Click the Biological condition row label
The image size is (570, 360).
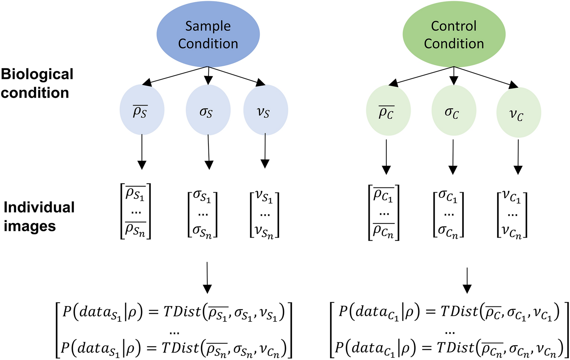[37, 83]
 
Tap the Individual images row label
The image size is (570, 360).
[39, 216]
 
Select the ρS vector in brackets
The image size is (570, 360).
[136, 211]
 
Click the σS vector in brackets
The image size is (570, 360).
[203, 214]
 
